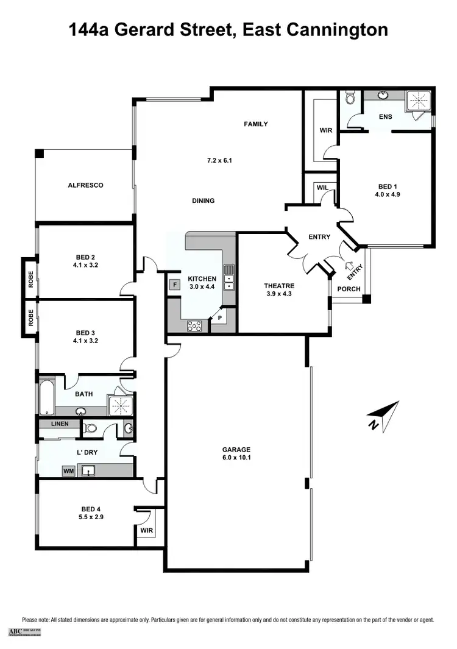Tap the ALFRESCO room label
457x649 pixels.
click(x=85, y=185)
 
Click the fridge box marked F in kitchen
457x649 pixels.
click(x=174, y=284)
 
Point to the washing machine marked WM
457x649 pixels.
click(x=68, y=471)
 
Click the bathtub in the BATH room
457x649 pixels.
click(x=46, y=397)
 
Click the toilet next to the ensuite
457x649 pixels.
click(x=349, y=98)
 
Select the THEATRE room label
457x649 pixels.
click(x=279, y=286)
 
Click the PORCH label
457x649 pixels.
click(x=349, y=289)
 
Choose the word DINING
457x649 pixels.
click(x=203, y=200)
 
